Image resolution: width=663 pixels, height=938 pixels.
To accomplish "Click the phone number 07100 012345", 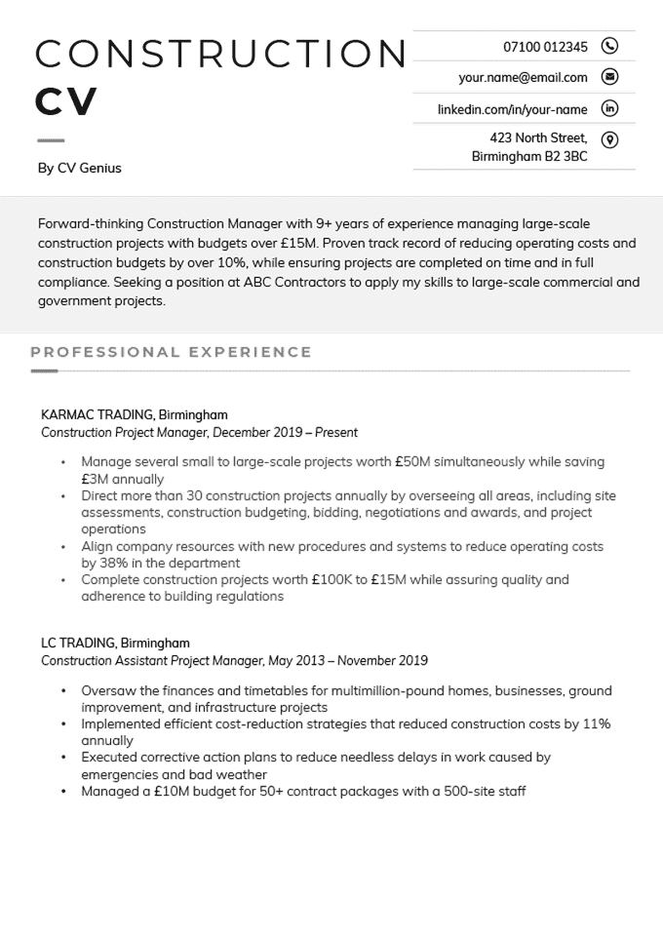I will [x=545, y=47].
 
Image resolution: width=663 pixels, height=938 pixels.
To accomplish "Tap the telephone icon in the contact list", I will [x=610, y=46].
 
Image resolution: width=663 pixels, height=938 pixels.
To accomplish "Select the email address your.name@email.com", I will [x=523, y=78].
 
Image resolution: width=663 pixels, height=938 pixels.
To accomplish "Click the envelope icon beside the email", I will [x=610, y=77].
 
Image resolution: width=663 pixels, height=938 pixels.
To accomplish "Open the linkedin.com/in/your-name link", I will [x=512, y=109].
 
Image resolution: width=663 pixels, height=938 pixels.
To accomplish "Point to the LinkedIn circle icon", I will [x=610, y=108].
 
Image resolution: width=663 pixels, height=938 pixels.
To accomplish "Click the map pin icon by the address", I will [x=610, y=139].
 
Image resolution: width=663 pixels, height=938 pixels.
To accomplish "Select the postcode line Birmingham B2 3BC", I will [x=529, y=156].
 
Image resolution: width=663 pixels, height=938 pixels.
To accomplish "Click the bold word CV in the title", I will [x=66, y=101].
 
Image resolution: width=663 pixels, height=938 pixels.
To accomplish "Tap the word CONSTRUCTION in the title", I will [x=220, y=54].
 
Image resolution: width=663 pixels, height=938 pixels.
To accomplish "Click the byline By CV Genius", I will [x=80, y=168].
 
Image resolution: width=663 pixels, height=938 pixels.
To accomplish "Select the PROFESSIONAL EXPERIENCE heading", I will [x=171, y=352].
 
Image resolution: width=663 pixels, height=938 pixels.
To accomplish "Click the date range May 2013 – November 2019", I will [x=349, y=661].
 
